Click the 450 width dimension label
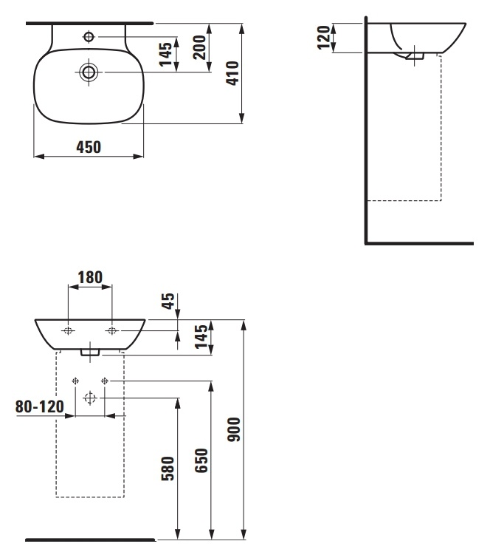coord(89,147)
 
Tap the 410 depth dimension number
coord(232,73)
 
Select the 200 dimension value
coord(199,47)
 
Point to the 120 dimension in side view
coord(324,38)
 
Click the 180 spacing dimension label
coord(90,278)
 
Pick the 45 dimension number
coord(168,301)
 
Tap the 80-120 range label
coord(40,406)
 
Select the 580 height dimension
coord(168,469)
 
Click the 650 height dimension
coord(201,460)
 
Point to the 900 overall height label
coord(234,429)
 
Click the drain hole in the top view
coord(89,72)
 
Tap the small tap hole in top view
coord(89,36)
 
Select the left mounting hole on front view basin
coord(68,331)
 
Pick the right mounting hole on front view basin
coord(111,331)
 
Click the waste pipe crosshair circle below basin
coord(90,398)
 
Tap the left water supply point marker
coord(75,381)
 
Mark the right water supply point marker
coord(105,381)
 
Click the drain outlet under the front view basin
coord(90,353)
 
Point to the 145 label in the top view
coord(166,55)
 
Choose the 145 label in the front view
coord(201,336)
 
